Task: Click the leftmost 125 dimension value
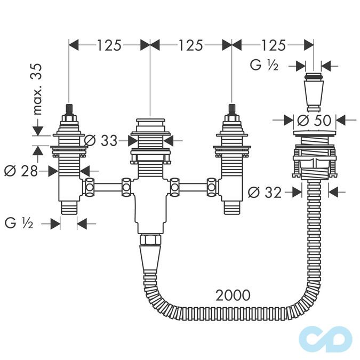109,45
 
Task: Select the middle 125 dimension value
191,45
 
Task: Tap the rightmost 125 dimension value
273,45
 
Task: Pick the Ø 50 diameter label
314,120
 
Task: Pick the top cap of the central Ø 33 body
150,124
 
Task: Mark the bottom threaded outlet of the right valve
231,208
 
